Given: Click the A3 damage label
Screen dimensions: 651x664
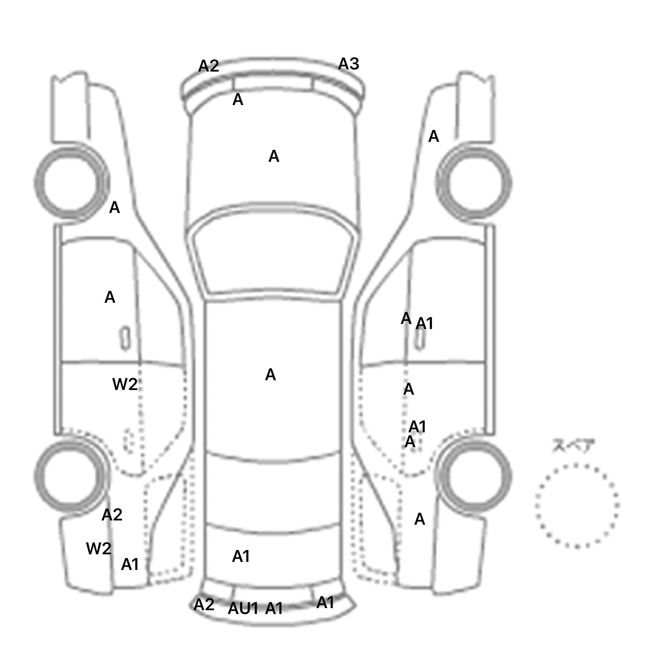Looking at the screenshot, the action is [x=348, y=64].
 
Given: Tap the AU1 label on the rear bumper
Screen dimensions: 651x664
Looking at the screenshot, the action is [x=243, y=609].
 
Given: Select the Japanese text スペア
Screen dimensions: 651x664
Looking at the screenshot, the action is [x=573, y=446].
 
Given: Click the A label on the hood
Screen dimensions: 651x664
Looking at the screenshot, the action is [x=274, y=157].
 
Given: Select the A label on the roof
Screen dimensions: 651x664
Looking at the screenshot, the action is [x=270, y=375].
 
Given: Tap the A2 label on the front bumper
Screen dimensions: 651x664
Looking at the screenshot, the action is [x=209, y=66].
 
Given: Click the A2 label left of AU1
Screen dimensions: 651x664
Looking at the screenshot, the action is [x=204, y=605].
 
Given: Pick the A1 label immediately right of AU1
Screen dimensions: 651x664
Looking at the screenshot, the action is [x=274, y=609].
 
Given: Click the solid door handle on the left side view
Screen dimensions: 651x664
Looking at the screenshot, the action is [x=125, y=338].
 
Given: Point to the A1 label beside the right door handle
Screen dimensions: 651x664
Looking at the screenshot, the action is [x=425, y=324].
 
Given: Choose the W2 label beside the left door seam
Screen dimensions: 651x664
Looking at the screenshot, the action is [x=125, y=385].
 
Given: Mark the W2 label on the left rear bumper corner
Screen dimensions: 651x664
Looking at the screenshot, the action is [x=99, y=549].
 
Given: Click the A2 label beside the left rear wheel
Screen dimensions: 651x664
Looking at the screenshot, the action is [x=112, y=515].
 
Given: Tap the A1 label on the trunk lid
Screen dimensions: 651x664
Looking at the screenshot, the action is [x=241, y=556].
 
